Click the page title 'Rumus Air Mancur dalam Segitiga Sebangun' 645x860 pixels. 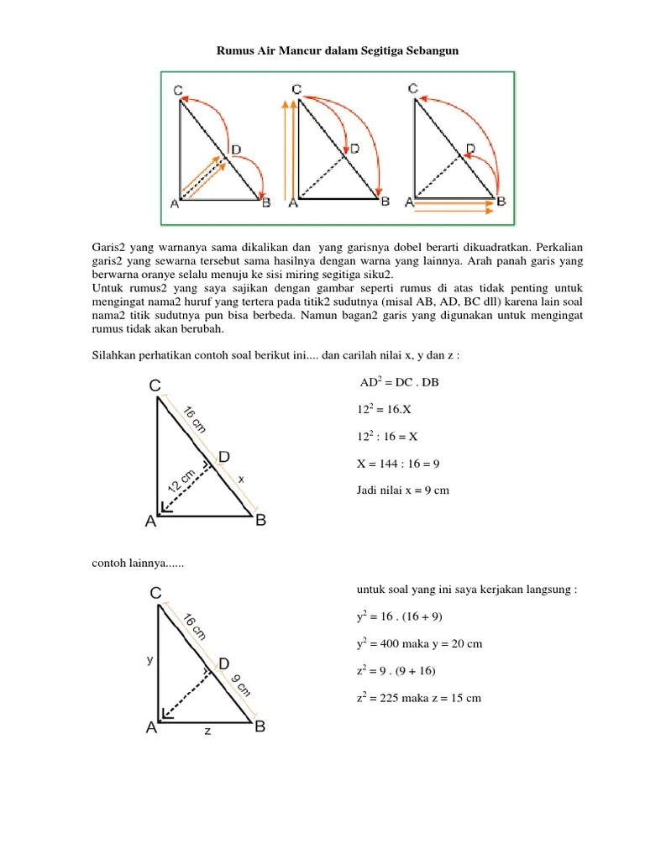click(338, 51)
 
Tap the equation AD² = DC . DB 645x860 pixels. click(399, 383)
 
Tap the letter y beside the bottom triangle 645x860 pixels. click(149, 660)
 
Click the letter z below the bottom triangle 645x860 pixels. click(207, 731)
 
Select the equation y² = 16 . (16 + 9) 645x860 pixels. click(400, 617)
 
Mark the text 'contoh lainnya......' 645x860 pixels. click(138, 563)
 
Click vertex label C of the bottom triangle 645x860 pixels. click(155, 594)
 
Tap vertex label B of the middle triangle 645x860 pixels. click(260, 521)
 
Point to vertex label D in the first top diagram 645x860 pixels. click(236, 150)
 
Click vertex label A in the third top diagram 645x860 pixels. click(409, 202)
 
